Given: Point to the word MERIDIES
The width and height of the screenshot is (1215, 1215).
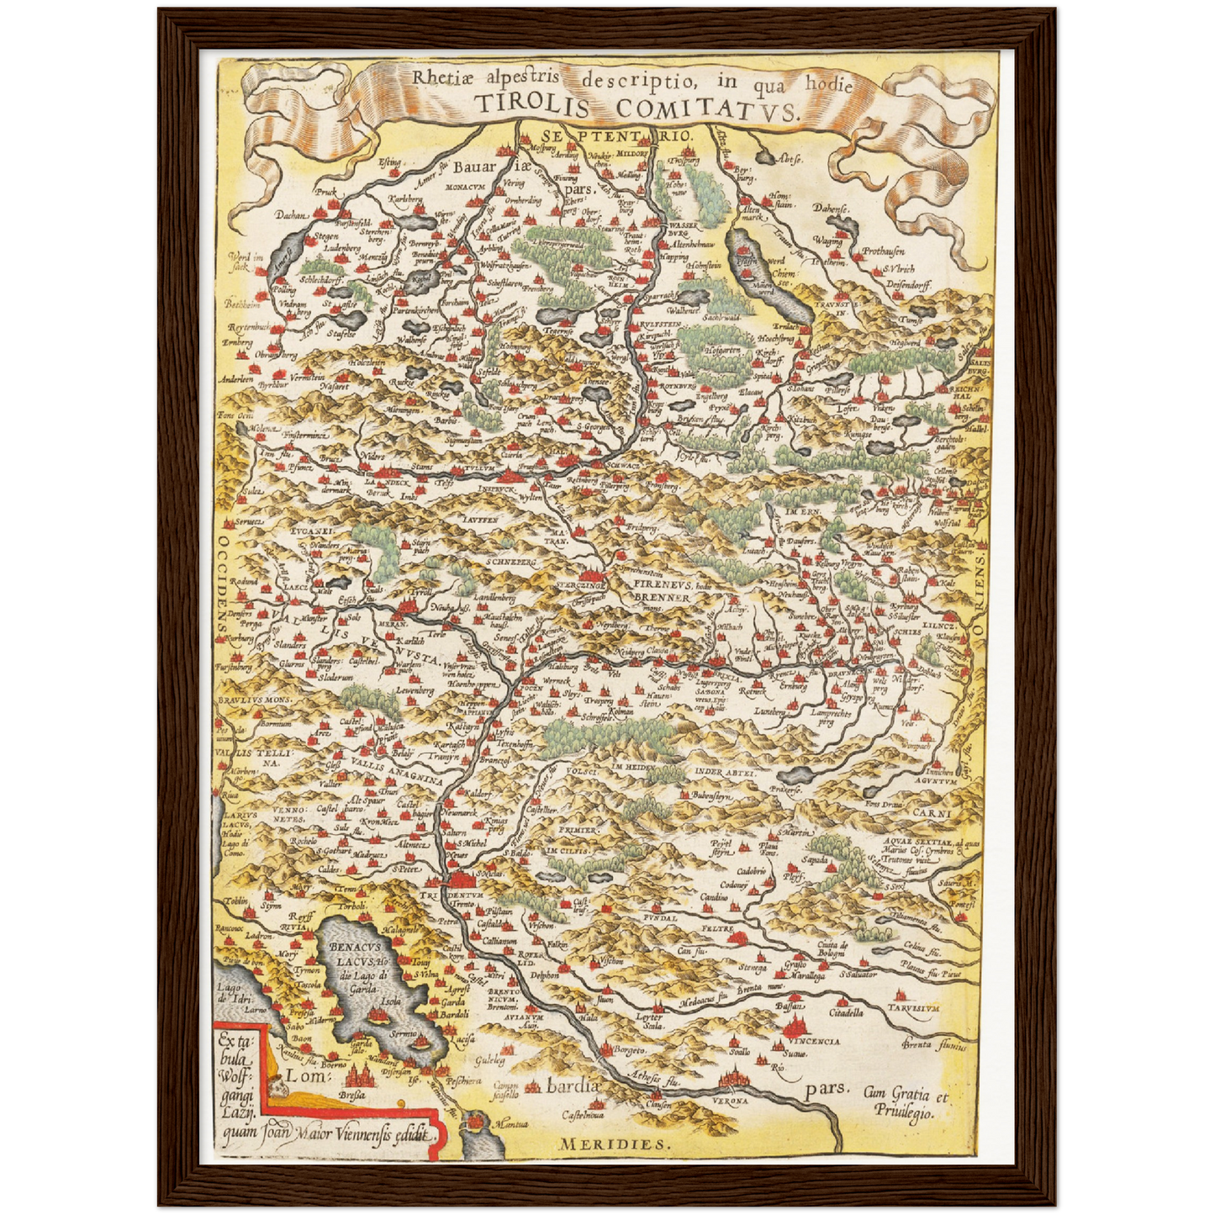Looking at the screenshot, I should (614, 1144).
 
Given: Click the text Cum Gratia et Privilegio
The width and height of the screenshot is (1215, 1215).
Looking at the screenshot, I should (905, 1103).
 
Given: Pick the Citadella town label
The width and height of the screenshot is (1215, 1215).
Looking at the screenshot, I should (846, 1013).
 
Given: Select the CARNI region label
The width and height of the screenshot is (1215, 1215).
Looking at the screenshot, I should (932, 814).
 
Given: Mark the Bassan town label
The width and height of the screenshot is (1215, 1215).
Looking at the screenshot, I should (788, 1006).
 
